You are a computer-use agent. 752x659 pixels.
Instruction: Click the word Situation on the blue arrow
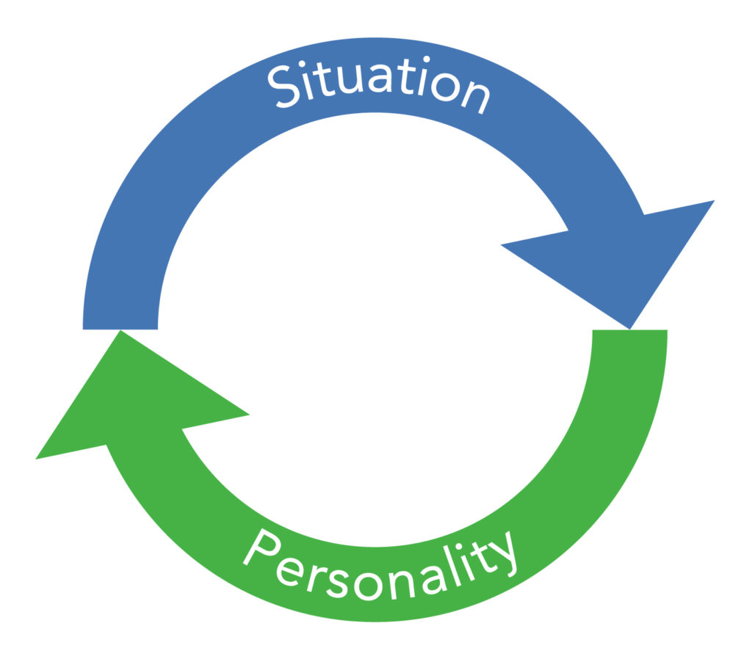[x=377, y=82]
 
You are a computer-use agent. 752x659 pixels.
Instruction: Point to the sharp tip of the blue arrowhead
[x=629, y=327]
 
